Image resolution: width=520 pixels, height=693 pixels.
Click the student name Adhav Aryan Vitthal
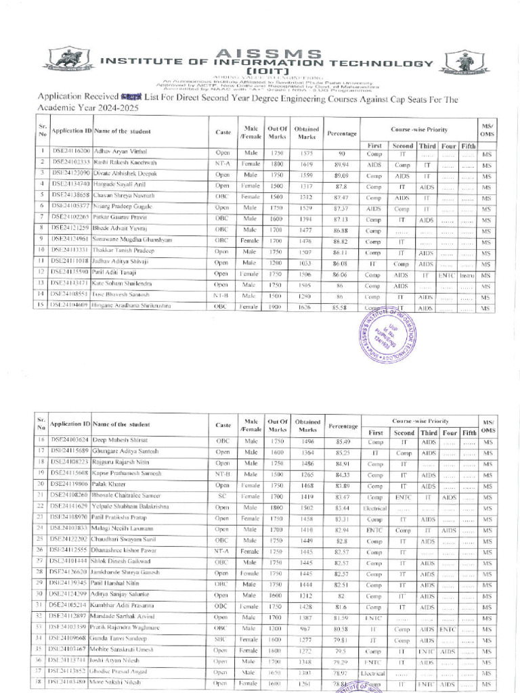point(120,152)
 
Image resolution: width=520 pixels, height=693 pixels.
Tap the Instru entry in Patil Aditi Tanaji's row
point(467,275)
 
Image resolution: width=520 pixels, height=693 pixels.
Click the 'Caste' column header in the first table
point(223,131)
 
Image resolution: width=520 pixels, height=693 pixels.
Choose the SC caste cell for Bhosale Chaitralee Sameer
point(222,496)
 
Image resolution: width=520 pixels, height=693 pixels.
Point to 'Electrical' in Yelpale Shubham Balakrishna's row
point(375,508)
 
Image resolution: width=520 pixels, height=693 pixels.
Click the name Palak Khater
point(109,485)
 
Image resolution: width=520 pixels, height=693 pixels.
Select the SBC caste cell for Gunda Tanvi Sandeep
point(222,639)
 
